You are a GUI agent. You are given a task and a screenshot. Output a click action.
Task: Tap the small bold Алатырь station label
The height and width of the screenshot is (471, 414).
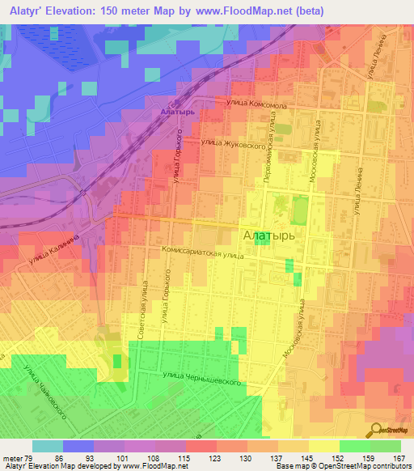pos(179,112)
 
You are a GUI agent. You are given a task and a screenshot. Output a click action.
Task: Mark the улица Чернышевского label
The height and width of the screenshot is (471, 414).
pos(202,377)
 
